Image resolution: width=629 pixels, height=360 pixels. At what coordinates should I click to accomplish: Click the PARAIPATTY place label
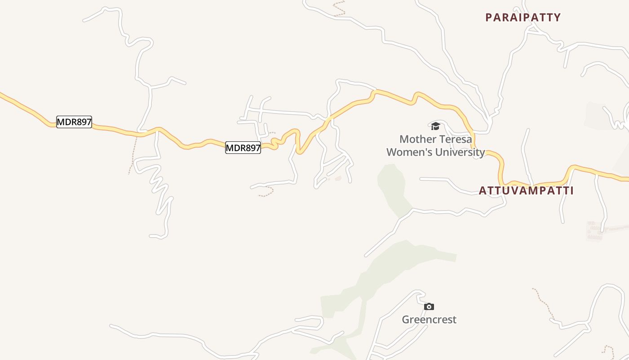523,18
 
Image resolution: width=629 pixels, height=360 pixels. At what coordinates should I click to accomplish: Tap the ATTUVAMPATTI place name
526,190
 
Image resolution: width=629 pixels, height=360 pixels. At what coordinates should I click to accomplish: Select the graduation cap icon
435,126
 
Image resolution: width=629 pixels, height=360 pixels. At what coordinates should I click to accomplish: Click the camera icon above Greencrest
429,306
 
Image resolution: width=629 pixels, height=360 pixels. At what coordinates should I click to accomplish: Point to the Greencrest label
429,319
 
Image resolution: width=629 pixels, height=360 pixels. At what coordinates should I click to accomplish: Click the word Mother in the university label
416,139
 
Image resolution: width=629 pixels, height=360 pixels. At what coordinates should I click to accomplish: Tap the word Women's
406,152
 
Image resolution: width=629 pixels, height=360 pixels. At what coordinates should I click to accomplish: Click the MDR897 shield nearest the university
243,148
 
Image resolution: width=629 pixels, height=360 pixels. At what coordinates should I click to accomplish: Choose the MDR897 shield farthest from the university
74,121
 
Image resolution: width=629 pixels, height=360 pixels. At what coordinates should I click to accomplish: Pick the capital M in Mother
404,139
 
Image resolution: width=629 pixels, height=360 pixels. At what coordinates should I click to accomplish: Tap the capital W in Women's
392,152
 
